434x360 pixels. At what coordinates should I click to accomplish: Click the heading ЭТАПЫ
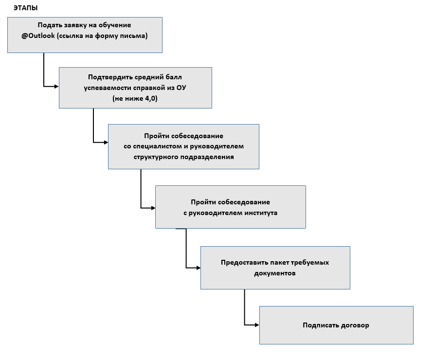25,8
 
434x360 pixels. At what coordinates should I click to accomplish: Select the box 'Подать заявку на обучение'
85,35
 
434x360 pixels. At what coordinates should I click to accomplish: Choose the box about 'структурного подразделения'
183,146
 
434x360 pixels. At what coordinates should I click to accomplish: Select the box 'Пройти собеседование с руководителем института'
230,207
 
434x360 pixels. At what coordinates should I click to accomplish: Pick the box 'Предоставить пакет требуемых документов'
275,268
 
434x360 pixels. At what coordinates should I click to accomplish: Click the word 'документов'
275,273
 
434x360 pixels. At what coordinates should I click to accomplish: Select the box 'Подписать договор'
336,325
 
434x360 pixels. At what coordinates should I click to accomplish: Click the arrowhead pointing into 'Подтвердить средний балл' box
56,87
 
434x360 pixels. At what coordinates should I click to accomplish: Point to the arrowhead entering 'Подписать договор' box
256,324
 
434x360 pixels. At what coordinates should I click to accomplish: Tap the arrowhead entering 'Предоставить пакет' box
198,268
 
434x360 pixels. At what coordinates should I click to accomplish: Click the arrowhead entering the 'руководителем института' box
152,208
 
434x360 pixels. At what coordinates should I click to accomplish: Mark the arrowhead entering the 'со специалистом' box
105,142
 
